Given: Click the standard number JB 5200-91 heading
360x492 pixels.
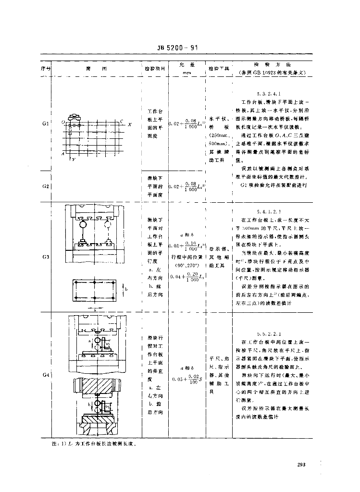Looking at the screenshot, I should coord(178,48).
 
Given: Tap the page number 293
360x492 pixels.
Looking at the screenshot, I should coord(301,465).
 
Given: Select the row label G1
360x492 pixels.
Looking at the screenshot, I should coord(46,123).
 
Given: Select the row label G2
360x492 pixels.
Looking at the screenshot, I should coord(46,186).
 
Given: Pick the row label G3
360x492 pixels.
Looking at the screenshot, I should coord(46,257).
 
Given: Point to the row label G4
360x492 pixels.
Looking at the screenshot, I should coord(46,374).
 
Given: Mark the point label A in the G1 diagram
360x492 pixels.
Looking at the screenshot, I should coord(63,153).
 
